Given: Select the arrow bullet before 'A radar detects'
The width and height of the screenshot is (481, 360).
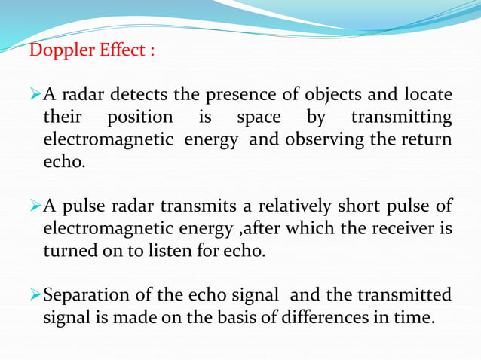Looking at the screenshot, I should point(35,96).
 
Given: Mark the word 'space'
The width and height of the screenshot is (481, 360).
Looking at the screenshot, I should point(259,119).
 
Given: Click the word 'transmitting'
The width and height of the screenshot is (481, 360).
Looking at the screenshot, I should point(402,118).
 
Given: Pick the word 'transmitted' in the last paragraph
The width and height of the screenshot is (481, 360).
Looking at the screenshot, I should point(409,294).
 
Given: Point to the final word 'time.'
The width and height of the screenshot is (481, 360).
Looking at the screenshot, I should point(418,316).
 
